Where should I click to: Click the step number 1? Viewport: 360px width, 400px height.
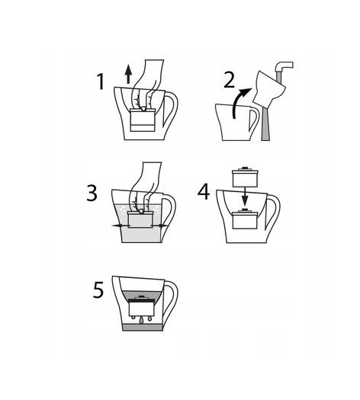click(101, 82)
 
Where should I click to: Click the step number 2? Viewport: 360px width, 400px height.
click(229, 79)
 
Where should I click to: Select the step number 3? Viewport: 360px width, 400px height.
click(92, 193)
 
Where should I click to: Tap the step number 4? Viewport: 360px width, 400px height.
click(204, 191)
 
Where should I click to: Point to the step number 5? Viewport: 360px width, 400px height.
click(98, 290)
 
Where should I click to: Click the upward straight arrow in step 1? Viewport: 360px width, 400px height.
click(128, 74)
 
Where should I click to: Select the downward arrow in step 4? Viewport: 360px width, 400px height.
click(245, 196)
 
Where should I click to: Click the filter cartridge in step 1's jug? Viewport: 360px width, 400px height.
click(143, 120)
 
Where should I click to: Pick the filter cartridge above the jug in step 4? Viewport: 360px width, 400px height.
click(245, 176)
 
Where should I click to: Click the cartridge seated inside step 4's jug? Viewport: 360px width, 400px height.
click(245, 219)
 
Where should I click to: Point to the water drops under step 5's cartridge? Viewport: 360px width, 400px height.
click(141, 319)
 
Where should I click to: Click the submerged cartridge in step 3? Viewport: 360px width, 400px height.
click(140, 219)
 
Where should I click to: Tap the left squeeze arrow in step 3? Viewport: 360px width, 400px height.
click(120, 226)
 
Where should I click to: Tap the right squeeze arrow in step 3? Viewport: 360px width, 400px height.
click(160, 226)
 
